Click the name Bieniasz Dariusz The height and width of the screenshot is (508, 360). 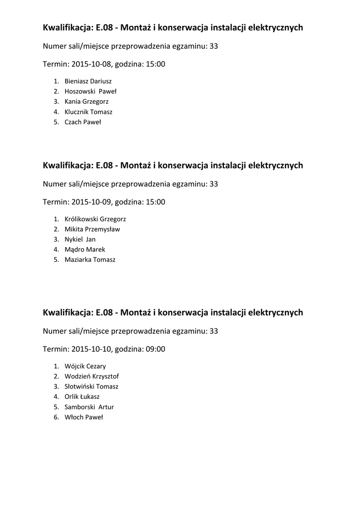(88, 81)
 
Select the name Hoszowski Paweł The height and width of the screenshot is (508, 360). (90, 91)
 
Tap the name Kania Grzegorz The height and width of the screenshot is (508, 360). (86, 102)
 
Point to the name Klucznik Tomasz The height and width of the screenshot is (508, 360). (88, 112)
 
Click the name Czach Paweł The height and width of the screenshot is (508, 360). (82, 122)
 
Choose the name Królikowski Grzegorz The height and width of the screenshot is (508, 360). (95, 219)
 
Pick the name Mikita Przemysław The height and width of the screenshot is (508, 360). (92, 229)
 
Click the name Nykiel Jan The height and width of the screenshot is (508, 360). (80, 239)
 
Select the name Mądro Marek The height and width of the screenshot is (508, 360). (84, 250)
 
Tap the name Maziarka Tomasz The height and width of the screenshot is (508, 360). (90, 259)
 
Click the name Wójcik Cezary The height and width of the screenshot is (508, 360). (85, 366)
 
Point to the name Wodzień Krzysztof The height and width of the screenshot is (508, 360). (91, 376)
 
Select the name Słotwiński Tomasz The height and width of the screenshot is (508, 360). (91, 386)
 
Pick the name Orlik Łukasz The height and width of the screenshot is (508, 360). (82, 397)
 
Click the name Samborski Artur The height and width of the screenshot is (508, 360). (89, 407)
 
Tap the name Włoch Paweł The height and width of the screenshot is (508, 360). (83, 417)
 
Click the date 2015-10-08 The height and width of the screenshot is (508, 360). (92, 64)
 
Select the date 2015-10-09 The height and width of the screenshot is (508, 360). (92, 202)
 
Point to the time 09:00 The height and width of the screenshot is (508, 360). (155, 349)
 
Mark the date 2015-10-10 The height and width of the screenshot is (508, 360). (92, 349)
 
